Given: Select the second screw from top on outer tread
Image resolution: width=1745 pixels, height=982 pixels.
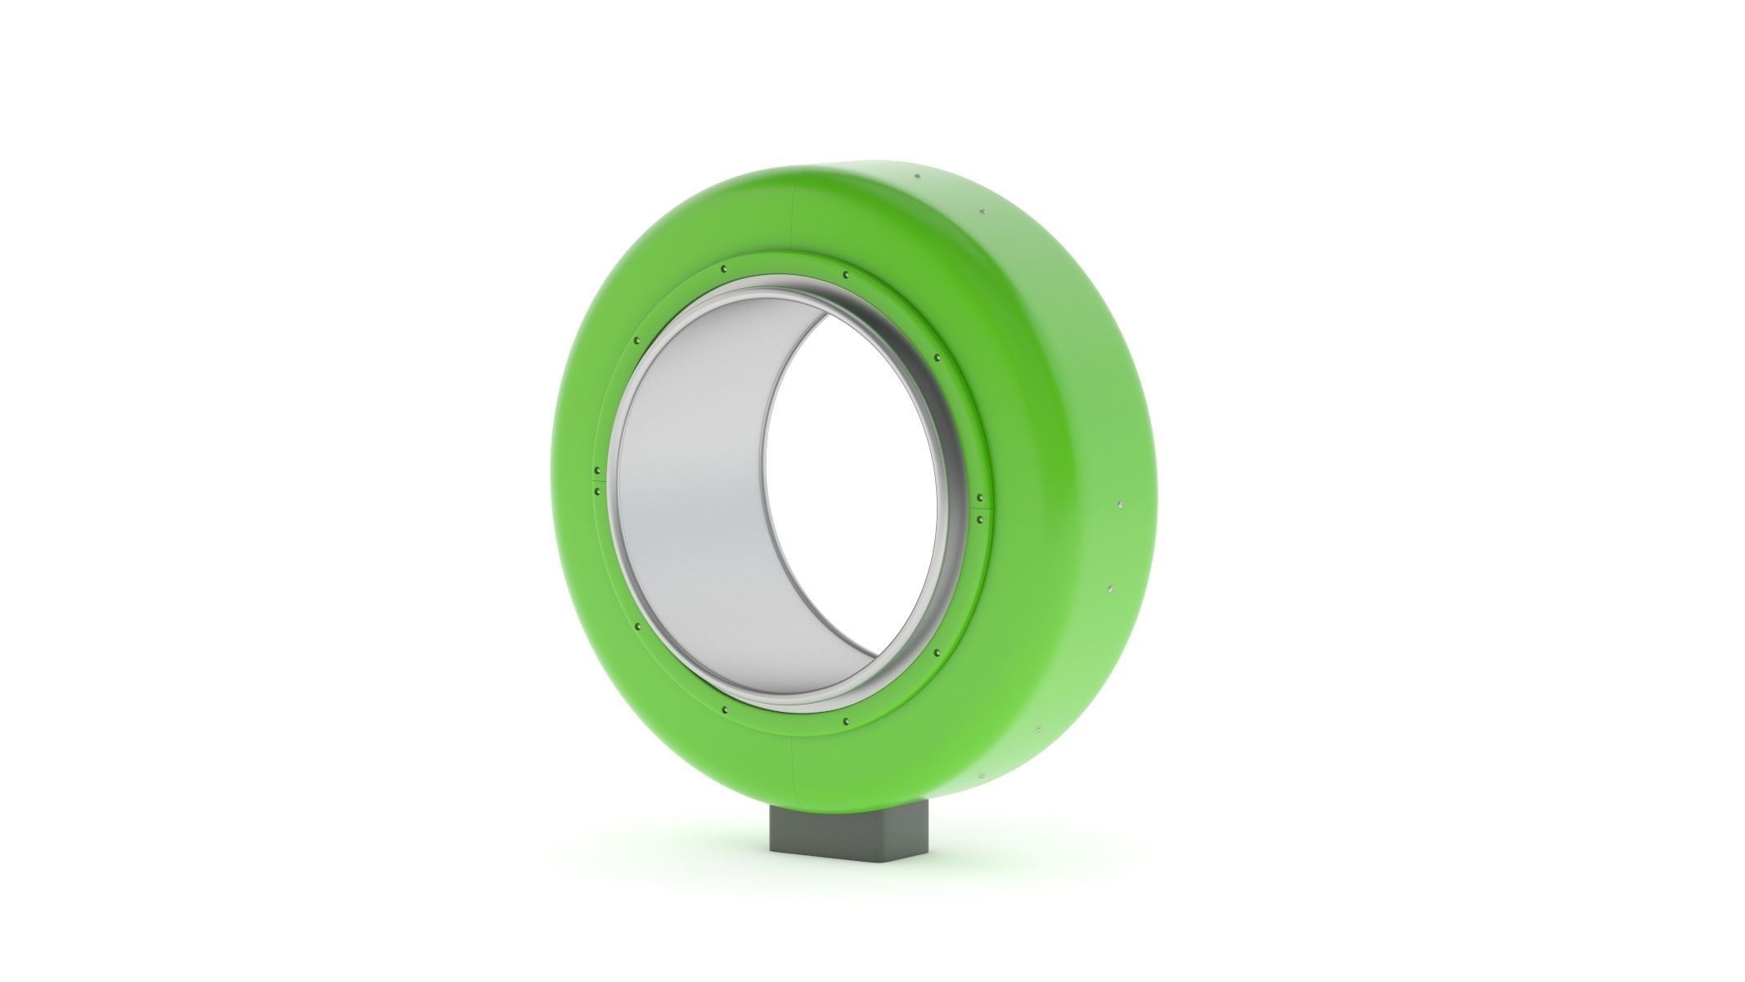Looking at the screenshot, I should [978, 214].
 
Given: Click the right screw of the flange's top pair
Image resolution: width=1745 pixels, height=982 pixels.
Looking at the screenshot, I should [845, 274].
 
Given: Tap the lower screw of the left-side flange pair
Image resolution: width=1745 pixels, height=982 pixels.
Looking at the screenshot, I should [598, 492].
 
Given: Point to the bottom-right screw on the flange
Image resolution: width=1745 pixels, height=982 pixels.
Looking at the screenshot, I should [845, 721].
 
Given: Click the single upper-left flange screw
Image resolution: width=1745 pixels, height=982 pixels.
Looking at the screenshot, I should [636, 340].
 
